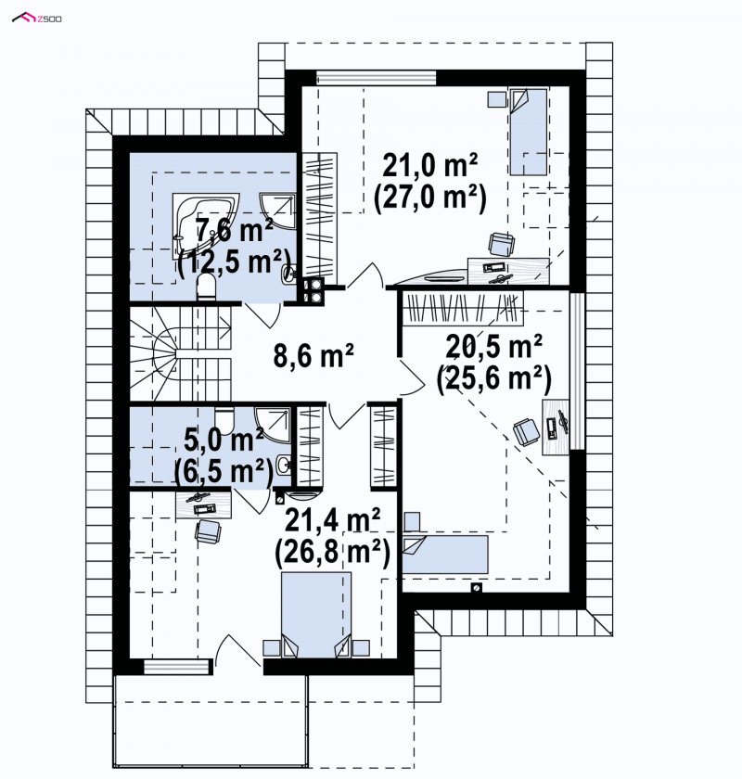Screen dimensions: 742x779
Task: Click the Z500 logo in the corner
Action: pos(37,19)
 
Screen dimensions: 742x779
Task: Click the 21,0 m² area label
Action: pos(429,165)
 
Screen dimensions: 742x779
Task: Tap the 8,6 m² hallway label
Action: pos(313,355)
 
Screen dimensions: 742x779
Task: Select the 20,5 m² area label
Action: pos(493,346)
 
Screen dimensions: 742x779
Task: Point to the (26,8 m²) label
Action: pos(332,552)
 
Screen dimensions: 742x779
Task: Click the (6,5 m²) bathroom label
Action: pos(224,470)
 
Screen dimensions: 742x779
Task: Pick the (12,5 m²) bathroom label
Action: pos(234,262)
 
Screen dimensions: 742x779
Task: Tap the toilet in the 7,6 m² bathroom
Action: pos(206,287)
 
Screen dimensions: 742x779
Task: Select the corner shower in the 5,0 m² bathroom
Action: pos(272,425)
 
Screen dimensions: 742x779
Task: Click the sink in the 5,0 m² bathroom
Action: pos(284,466)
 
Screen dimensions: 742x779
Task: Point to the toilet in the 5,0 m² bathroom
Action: pos(224,419)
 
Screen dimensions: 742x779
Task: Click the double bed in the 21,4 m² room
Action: pos(316,615)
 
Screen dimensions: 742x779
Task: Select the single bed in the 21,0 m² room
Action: pos(528,132)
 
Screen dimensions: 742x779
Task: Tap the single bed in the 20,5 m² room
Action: pos(445,554)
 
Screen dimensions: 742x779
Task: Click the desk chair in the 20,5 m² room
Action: pos(526,432)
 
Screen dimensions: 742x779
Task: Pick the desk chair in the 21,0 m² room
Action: pos(502,244)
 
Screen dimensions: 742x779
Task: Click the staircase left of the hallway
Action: pos(181,353)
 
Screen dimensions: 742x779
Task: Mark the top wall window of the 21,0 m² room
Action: pos(377,78)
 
